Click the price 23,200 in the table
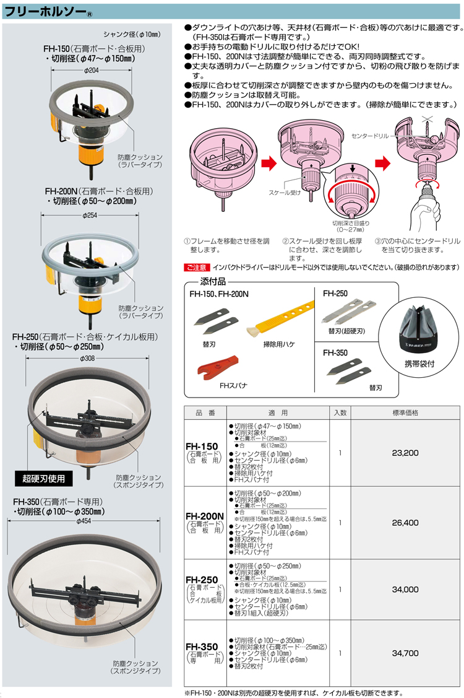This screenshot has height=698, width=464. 405,453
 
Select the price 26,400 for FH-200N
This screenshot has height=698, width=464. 405,523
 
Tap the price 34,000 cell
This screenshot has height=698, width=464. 405,589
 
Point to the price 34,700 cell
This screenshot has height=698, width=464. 405,652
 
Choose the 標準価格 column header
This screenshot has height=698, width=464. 405,412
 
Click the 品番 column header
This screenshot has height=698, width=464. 205,412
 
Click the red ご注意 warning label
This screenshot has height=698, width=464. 197,267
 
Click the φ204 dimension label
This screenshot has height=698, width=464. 90,70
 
